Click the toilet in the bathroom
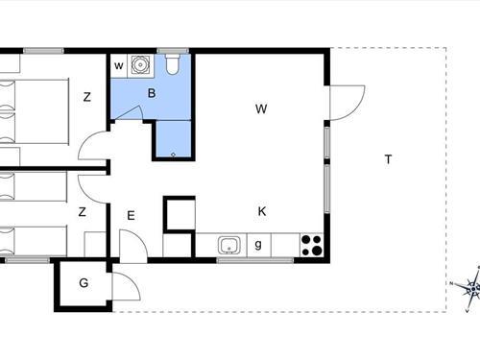[173, 64]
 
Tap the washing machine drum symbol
[140, 65]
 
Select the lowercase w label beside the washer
[118, 66]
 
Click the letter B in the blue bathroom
[152, 93]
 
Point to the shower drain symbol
[174, 155]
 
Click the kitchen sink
[229, 245]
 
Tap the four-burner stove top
[312, 245]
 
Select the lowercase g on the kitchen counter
[258, 245]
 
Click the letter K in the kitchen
[262, 211]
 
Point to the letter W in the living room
[261, 108]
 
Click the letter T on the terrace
[388, 159]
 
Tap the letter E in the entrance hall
[131, 216]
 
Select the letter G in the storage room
[84, 283]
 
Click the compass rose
[472, 289]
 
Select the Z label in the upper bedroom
[87, 97]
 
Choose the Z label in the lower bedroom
[83, 212]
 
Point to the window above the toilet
[173, 51]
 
